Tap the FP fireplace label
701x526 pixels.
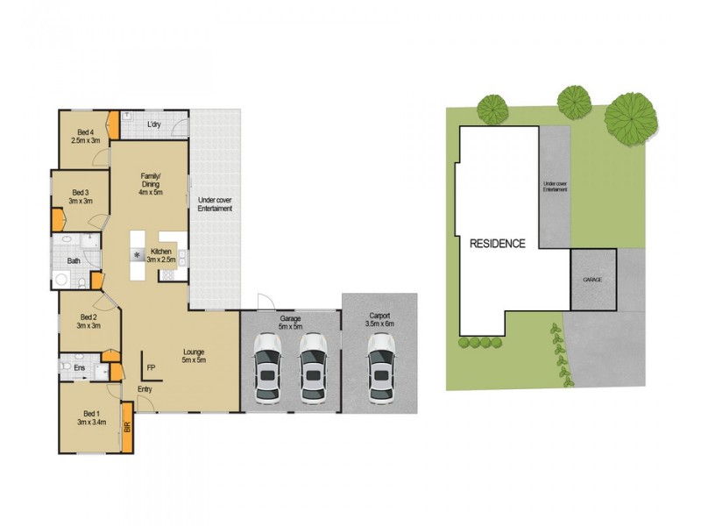coord(151,366)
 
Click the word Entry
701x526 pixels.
coord(145,388)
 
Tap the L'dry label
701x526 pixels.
coord(154,124)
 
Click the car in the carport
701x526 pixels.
coord(380,366)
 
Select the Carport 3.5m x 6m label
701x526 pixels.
coord(380,320)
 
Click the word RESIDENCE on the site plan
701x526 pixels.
coord(497,244)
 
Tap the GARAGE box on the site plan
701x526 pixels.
coord(593,279)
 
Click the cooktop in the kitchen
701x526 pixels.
coord(167,275)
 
